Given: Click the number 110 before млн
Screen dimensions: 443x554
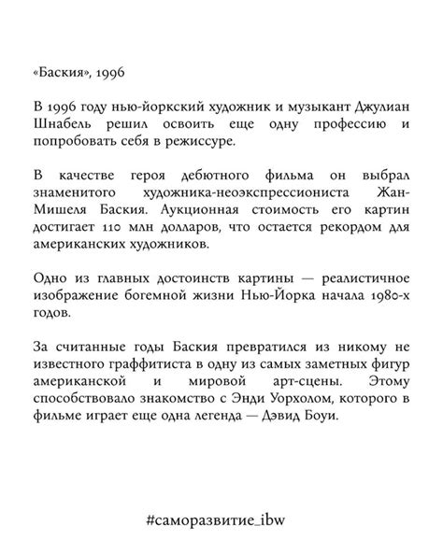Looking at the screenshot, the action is coord(115,228).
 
